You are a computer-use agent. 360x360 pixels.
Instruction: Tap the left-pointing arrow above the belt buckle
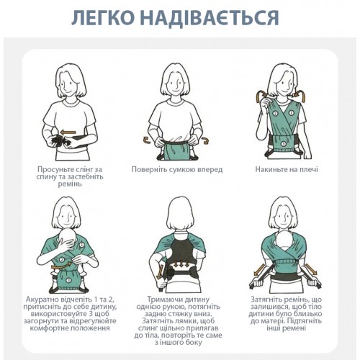[68, 132]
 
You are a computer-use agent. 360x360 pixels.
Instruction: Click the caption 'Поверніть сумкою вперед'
[177, 169]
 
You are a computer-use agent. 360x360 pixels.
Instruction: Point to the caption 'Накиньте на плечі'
[287, 169]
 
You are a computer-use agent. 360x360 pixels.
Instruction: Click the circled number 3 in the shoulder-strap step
[283, 144]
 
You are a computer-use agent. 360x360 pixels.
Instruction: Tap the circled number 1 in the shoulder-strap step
[292, 112]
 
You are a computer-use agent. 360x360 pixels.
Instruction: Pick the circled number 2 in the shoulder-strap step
[275, 113]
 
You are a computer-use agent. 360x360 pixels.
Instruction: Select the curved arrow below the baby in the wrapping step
[62, 266]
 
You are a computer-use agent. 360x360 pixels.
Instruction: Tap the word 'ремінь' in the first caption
[70, 184]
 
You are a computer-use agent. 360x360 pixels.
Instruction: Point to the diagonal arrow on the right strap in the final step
[311, 269]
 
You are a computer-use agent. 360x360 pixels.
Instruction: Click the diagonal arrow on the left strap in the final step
[260, 270]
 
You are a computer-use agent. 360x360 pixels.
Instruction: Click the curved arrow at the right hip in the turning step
[204, 140]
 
